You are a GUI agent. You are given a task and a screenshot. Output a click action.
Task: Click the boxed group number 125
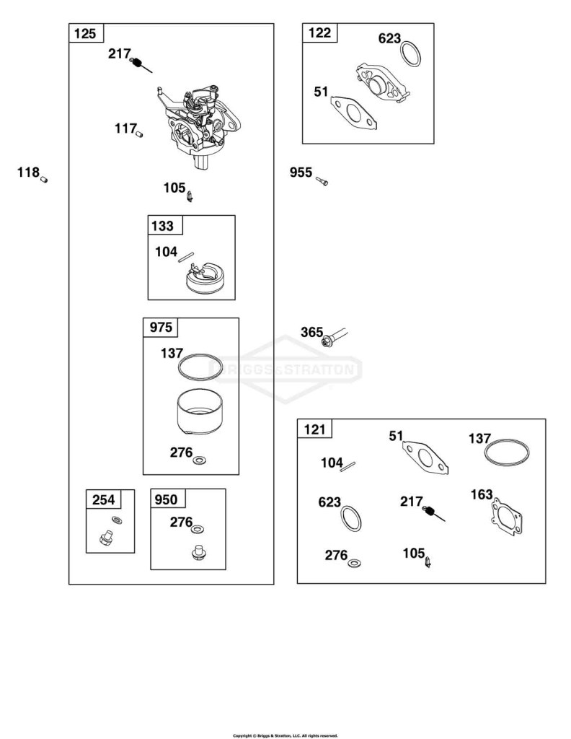tap(85, 34)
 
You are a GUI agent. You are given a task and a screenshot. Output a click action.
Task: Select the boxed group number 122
tap(319, 33)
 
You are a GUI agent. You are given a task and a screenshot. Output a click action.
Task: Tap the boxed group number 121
tap(314, 429)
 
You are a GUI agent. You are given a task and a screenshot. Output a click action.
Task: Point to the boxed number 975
tap(161, 327)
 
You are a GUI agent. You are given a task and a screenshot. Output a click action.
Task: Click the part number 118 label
tap(28, 172)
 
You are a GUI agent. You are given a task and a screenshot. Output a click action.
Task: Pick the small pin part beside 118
tap(44, 179)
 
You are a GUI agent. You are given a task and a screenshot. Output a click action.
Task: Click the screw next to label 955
tap(322, 180)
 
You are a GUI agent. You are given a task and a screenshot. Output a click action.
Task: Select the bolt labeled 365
tap(335, 337)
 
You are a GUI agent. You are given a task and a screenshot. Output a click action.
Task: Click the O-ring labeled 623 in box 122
tap(411, 53)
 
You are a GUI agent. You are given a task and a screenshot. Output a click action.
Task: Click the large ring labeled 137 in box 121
tap(507, 453)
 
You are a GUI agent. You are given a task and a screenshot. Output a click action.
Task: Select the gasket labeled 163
tap(506, 517)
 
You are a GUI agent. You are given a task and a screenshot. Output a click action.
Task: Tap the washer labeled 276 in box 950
tap(198, 529)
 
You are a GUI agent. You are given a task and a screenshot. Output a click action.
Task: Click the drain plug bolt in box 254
tap(106, 538)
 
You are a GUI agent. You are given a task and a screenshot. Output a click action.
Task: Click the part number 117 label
tap(125, 128)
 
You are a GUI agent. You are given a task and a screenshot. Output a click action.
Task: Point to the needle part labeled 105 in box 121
tap(428, 562)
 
